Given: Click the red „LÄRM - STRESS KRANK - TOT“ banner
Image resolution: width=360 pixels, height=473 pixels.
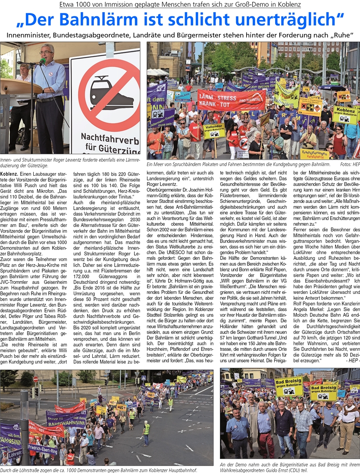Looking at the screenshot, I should pos(232,100).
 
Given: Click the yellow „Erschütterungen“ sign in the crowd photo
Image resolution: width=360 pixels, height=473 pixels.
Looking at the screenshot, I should pos(315,153).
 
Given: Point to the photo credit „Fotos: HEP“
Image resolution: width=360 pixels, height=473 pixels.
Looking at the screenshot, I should pos(349,164).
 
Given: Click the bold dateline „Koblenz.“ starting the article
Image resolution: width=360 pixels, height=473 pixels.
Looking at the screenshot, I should pos(9,173).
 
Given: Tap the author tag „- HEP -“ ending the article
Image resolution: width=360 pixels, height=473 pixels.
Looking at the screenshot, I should pos(352,361).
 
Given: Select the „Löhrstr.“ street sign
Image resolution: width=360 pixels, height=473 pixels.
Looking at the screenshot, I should pos(14,454).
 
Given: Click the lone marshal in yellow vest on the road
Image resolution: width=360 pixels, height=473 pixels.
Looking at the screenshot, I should pos(147,428).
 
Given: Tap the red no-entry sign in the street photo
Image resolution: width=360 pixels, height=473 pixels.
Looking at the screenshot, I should pos(35,379).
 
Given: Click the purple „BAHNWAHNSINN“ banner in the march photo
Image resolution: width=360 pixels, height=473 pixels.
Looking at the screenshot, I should pos(67,419).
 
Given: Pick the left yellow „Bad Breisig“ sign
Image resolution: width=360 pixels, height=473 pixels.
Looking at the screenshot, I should pos(288,386).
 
